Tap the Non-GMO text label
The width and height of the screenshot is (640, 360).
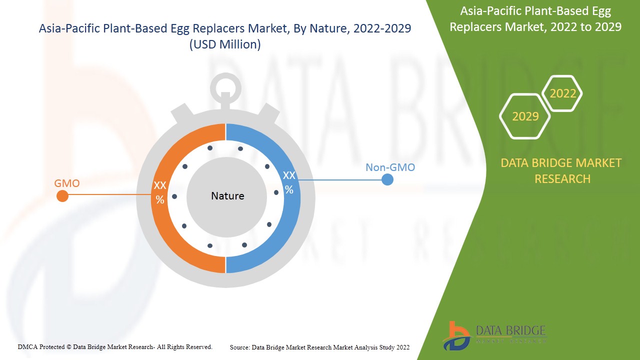pos(390,167)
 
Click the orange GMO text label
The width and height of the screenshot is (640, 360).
pos(67,183)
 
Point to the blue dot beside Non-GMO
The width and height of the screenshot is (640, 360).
pos(387,179)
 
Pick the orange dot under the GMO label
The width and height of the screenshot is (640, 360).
pos(62,196)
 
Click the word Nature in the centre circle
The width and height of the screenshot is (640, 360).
pos(227,196)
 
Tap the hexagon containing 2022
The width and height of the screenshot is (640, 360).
pos(562,93)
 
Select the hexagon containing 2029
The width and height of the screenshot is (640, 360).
pos(525,116)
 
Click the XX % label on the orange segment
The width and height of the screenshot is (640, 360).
pos(160,192)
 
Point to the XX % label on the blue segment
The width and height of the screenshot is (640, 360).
pos(289,182)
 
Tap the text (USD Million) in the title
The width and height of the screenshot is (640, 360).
pos(225,44)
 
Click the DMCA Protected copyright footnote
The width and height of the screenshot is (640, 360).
pos(115,346)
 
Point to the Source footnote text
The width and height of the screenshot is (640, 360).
pos(319,347)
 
